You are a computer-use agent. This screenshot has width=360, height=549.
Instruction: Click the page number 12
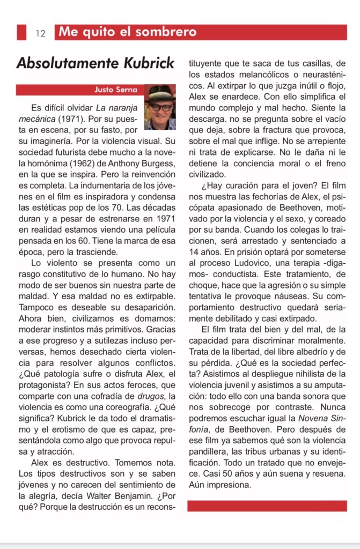click(41, 33)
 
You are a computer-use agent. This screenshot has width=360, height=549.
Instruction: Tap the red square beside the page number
click(21, 32)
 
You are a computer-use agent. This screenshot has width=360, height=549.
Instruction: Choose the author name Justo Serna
click(115, 90)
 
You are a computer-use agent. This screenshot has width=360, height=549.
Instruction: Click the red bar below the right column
click(267, 505)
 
